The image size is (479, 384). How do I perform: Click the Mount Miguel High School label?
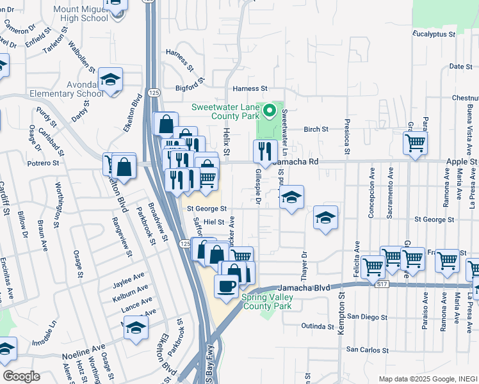81,14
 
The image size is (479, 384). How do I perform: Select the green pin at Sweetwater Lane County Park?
270,111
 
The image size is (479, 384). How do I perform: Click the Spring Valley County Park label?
266,301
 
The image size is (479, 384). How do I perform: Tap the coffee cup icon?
225,286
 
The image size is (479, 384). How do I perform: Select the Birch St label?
316,129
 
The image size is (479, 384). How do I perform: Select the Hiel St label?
214,222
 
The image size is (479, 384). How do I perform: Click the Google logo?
21,376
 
